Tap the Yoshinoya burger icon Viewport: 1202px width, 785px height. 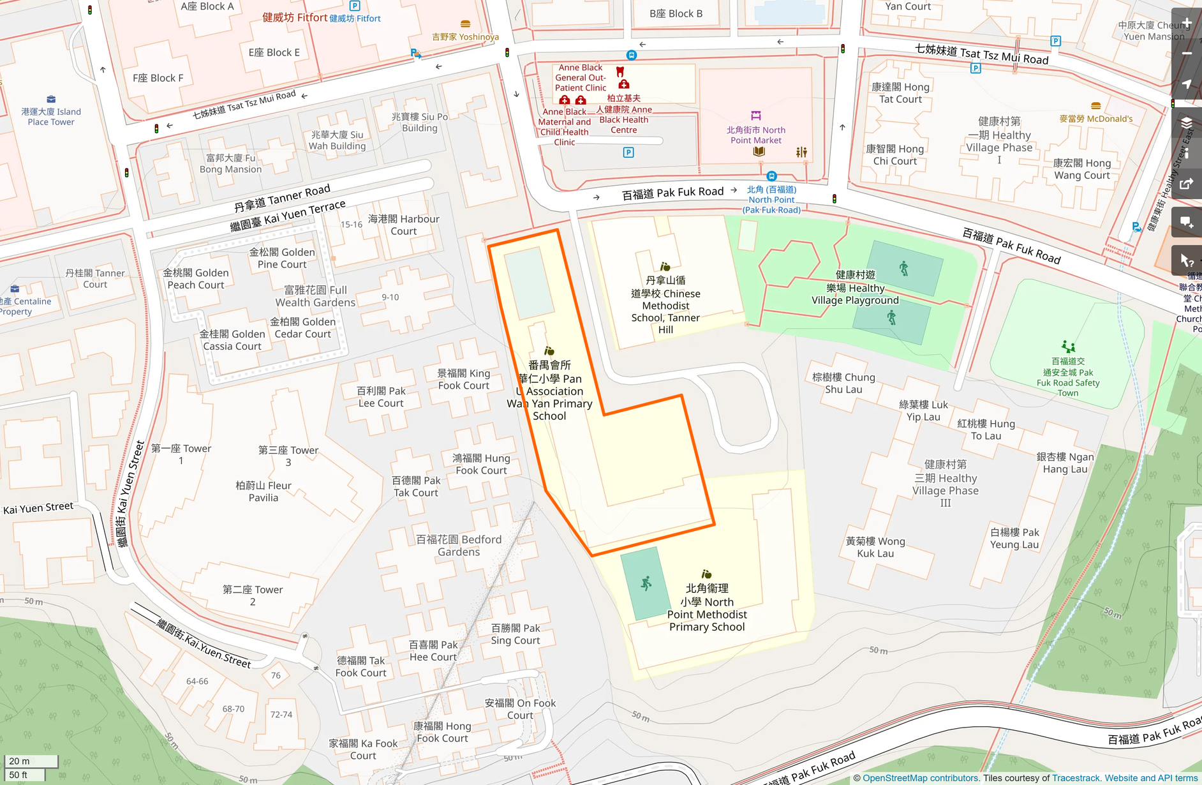[466, 24]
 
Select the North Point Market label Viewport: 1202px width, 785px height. [756, 135]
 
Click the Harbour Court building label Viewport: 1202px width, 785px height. [403, 225]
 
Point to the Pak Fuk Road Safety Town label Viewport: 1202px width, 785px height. [1068, 377]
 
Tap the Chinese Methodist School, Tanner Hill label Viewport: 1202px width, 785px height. [665, 305]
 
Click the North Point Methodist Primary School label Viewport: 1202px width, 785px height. [707, 608]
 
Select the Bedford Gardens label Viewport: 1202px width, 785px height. [459, 546]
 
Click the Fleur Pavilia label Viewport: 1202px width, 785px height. [263, 491]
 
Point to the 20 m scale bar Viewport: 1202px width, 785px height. [31, 761]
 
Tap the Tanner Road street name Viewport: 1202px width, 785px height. [282, 198]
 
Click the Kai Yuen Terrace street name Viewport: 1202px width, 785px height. [288, 216]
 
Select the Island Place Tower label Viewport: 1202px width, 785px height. [51, 117]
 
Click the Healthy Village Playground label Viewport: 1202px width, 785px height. [855, 288]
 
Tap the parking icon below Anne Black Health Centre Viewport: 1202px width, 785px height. [628, 153]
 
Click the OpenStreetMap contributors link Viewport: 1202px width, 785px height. [920, 778]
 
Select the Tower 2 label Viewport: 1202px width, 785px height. [253, 595]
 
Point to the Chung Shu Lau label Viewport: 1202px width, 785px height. [843, 383]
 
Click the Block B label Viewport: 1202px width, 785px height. [676, 13]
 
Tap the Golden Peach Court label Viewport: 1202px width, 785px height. [196, 279]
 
